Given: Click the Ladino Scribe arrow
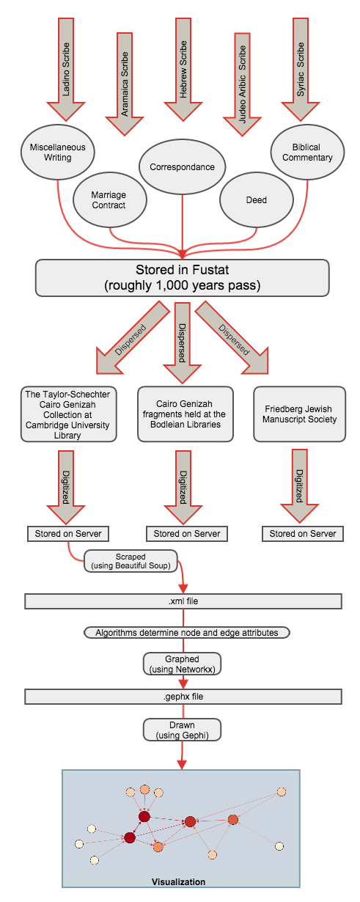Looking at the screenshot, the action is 66,69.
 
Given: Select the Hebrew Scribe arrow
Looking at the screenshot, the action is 183,69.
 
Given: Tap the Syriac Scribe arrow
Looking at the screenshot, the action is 301,69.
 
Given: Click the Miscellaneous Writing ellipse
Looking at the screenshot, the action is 58,153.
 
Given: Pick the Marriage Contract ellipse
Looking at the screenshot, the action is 109,199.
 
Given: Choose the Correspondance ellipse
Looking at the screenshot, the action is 182,166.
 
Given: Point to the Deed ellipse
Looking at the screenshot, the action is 257,199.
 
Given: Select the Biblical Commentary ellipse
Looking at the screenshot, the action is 307,153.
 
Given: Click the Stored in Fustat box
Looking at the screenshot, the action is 183,278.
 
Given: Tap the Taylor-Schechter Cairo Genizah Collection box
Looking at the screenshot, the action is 68,414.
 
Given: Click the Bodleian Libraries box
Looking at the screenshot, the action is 185,414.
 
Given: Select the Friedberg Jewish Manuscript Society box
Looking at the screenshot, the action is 299,414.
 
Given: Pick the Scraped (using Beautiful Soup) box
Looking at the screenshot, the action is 131,561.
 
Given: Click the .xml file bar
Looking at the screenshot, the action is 183,601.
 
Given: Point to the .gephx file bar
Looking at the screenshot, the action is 183,697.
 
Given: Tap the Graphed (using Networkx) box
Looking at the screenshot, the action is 182,664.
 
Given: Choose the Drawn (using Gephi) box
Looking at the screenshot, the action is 182,730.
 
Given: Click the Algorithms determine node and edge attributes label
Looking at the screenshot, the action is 187,632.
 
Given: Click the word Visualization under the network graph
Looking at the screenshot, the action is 178,892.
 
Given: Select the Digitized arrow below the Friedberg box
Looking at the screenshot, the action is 300,485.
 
